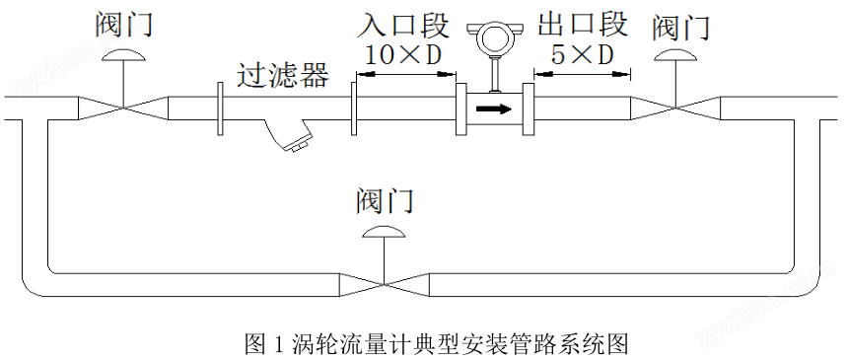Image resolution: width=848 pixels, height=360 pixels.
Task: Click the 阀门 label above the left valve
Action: point(124,25)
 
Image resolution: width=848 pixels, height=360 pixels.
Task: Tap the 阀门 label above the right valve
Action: point(681,28)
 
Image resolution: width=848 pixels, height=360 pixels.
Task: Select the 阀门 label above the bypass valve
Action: point(386,201)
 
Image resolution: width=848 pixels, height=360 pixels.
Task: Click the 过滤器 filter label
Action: point(283,76)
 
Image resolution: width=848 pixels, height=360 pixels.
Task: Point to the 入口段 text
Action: point(403,26)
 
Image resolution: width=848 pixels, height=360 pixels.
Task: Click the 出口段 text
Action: point(582,24)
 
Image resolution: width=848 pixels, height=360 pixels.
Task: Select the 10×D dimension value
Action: point(403,54)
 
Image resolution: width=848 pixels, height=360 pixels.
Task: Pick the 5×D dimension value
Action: point(582,54)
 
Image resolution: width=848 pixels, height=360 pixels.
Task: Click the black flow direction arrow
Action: point(493,108)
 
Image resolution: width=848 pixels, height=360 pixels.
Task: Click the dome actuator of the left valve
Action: point(124,53)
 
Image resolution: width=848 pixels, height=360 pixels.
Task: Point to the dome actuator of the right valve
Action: point(675,55)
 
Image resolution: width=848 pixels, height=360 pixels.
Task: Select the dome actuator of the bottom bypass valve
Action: point(384,232)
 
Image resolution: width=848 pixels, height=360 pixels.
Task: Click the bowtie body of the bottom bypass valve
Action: point(384,285)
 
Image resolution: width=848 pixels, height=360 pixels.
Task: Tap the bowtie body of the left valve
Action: point(123,108)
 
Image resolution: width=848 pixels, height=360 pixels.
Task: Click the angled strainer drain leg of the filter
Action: point(289,135)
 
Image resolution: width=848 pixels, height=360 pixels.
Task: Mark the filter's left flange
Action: point(220,108)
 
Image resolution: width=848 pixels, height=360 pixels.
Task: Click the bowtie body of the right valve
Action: point(675,108)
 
